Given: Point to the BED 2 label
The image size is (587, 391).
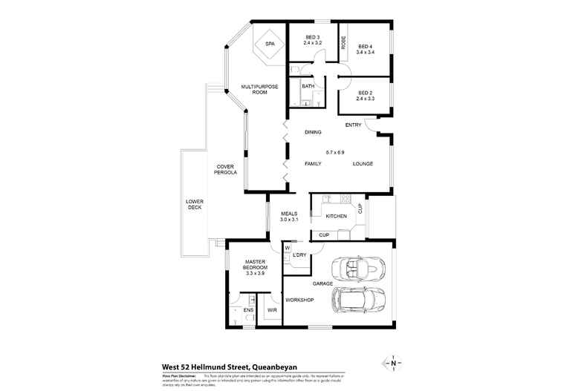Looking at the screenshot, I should [365, 95].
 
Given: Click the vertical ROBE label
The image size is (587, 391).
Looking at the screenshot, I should [344, 43].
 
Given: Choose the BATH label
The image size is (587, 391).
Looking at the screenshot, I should [308, 86].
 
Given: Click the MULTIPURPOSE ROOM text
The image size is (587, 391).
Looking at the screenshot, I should [259, 90].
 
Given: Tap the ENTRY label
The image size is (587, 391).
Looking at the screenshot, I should [353, 125].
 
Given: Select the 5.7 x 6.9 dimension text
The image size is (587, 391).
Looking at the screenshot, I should [334, 152].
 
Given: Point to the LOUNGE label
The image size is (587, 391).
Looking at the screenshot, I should [363, 163].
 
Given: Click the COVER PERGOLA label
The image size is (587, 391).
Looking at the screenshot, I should [227, 169].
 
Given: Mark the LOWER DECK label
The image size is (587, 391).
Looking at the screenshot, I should [195, 205].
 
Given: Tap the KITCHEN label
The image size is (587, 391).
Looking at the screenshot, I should [336, 216].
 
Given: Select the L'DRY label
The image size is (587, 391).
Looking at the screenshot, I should [299, 255].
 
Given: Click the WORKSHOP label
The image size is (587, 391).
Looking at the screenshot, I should [299, 300].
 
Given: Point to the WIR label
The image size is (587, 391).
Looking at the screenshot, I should [272, 309].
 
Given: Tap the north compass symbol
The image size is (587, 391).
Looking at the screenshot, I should [392, 364].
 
